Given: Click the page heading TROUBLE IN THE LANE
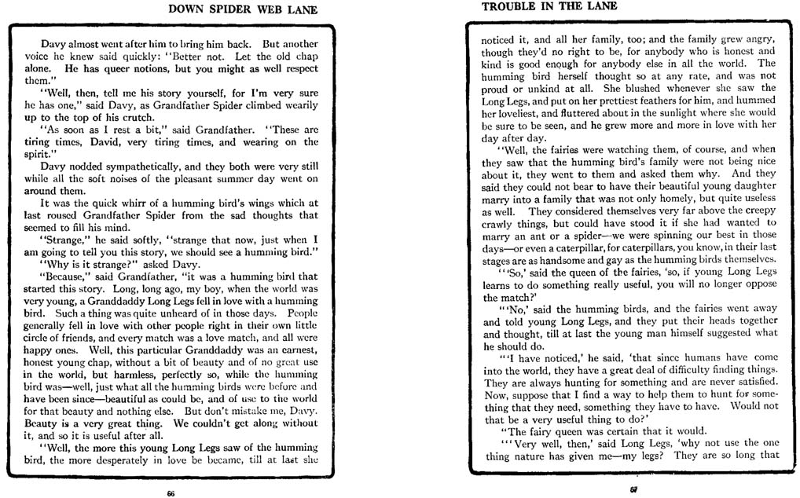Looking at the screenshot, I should coord(549,6).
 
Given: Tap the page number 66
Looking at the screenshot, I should coord(170,493).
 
